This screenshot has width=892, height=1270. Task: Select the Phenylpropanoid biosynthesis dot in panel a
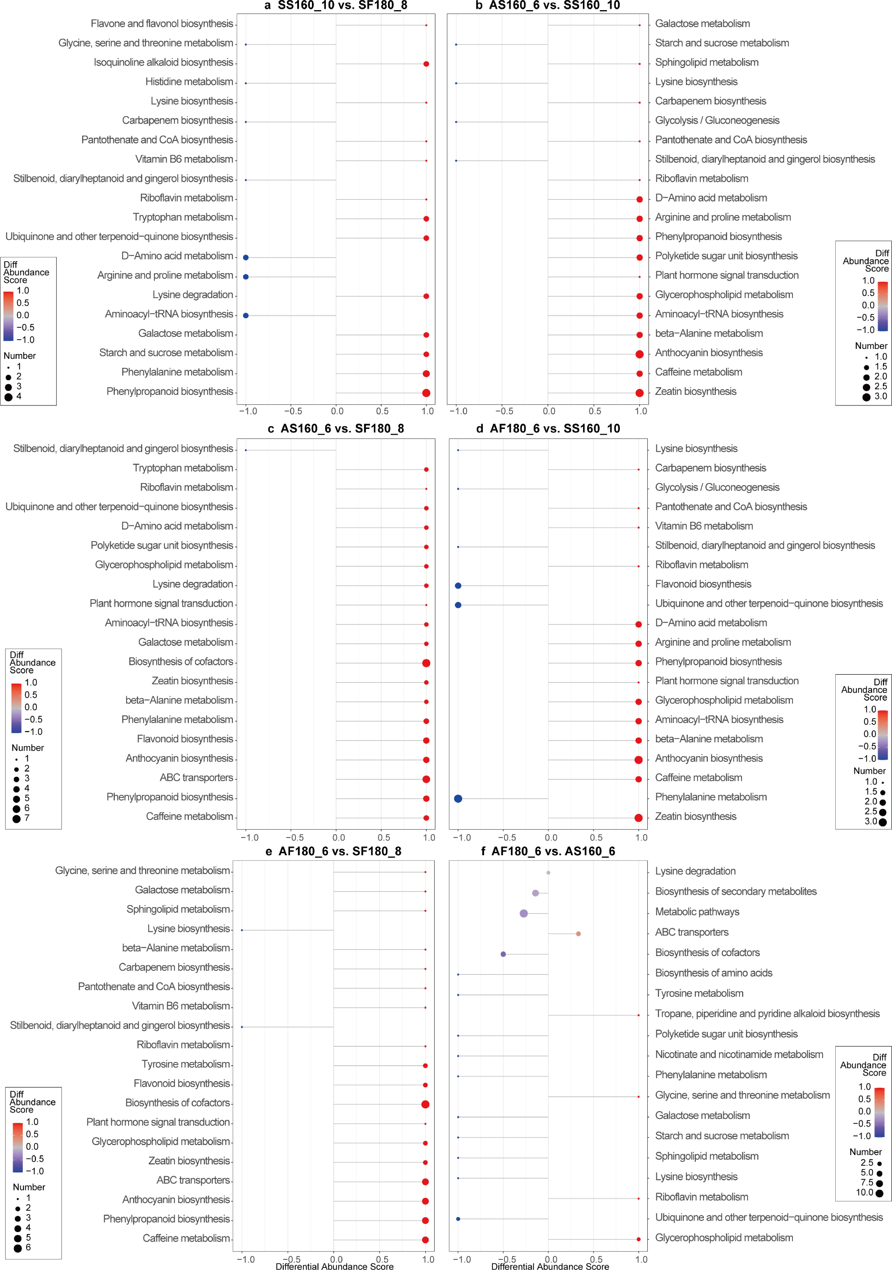coord(426,393)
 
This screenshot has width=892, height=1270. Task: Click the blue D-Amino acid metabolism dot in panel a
coord(245,257)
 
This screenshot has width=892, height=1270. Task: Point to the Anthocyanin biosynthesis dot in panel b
coord(639,354)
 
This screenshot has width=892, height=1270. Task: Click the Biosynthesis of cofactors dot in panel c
coord(426,663)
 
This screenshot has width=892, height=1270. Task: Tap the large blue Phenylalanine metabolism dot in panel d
coord(458,798)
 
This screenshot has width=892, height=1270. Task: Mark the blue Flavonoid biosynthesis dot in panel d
coord(458,585)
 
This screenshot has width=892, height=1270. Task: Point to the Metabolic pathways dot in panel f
coord(524,913)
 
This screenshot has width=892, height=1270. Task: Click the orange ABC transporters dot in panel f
coord(578,934)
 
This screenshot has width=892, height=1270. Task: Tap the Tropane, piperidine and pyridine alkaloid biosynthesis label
coord(767,1013)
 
